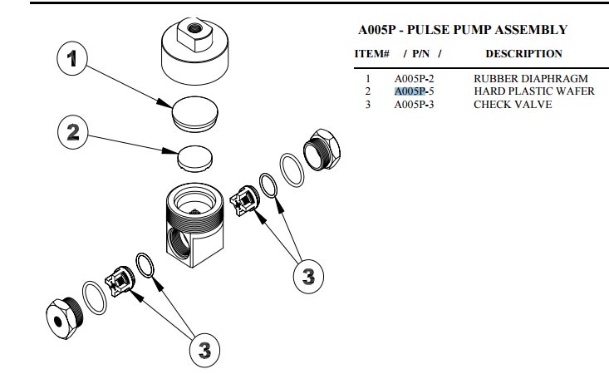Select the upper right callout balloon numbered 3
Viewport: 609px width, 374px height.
[x=307, y=276]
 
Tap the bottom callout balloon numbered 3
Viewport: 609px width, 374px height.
[x=202, y=350]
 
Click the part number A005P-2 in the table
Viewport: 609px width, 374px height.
[x=415, y=79]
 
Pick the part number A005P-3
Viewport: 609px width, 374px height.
[x=415, y=104]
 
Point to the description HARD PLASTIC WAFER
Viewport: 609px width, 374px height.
[x=534, y=91]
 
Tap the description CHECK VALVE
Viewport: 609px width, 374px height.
[x=513, y=104]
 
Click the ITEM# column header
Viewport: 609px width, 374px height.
[x=372, y=54]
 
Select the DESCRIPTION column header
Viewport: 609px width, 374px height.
[x=523, y=54]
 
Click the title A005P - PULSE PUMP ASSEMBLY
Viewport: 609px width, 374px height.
[x=463, y=30]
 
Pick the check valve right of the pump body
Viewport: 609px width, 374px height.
[x=244, y=200]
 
